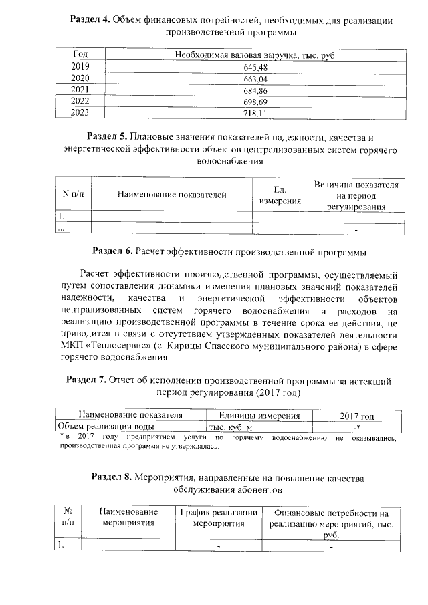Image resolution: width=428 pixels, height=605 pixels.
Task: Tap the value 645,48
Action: pos(254,67)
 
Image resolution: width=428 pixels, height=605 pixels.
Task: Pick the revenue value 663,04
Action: pos(254,78)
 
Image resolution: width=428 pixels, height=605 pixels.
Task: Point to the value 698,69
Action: pos(254,102)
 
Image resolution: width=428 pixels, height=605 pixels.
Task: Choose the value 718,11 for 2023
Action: pos(254,113)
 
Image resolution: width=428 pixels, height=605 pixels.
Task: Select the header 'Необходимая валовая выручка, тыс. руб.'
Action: pos(254,55)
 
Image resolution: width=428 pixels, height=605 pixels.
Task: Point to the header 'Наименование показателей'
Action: pos(172,195)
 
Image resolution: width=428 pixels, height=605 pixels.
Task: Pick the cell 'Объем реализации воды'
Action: pos(106,426)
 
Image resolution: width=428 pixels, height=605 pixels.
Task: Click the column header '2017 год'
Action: pos(357,416)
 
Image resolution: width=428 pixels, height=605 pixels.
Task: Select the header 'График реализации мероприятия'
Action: pos(219,518)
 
